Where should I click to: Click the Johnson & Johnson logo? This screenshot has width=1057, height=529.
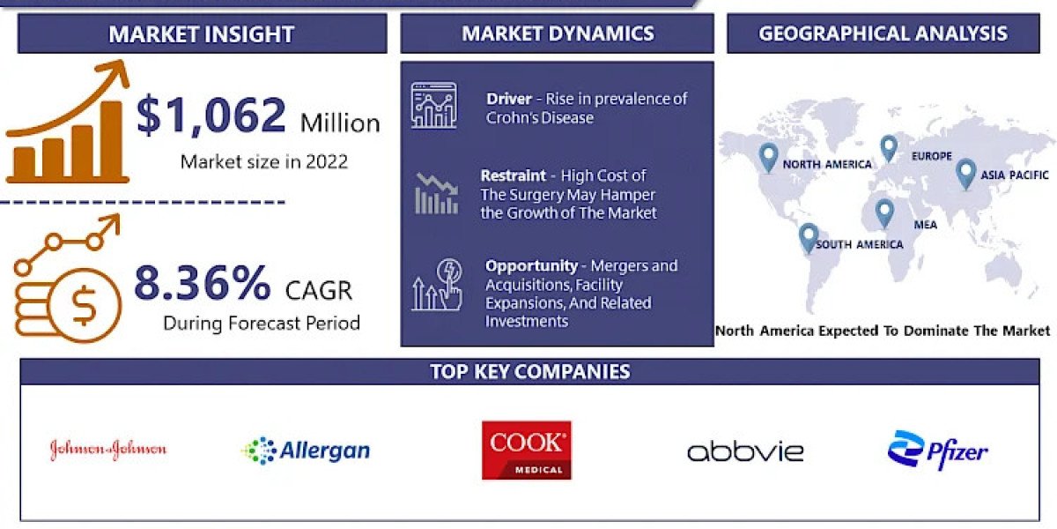pyautogui.click(x=107, y=450)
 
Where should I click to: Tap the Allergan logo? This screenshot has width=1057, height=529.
pyautogui.click(x=305, y=451)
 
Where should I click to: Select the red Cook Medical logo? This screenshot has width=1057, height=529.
pyautogui.click(x=527, y=450)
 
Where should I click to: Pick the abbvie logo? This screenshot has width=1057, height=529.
pyautogui.click(x=745, y=451)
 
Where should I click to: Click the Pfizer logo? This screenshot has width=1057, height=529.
pyautogui.click(x=937, y=451)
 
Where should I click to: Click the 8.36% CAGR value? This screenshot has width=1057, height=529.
pyautogui.click(x=203, y=284)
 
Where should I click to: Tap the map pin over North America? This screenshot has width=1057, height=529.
pyautogui.click(x=768, y=157)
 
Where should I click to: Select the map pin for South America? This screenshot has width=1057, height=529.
pyautogui.click(x=808, y=236)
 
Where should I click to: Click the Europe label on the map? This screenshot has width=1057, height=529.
pyautogui.click(x=931, y=156)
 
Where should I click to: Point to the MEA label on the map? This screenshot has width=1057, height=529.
pyautogui.click(x=924, y=225)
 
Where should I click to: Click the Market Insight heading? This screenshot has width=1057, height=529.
pyautogui.click(x=202, y=34)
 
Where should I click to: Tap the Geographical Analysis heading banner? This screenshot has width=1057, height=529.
pyautogui.click(x=883, y=34)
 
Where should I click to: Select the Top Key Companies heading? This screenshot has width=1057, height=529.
pyautogui.click(x=529, y=371)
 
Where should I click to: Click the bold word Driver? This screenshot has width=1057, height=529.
pyautogui.click(x=508, y=99)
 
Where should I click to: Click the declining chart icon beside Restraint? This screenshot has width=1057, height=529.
pyautogui.click(x=435, y=193)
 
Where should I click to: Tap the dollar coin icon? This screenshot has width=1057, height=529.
pyautogui.click(x=85, y=307)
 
